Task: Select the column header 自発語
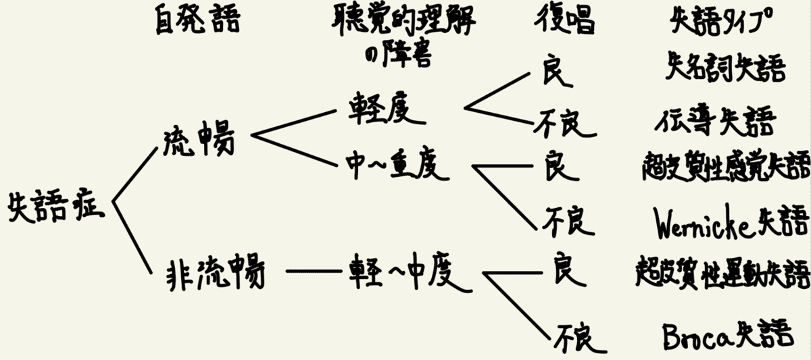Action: click(197, 22)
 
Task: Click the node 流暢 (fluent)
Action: click(199, 140)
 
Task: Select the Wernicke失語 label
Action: click(731, 222)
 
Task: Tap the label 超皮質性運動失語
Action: click(722, 274)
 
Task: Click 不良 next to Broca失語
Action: click(576, 337)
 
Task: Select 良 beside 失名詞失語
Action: click(558, 71)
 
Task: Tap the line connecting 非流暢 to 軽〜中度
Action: click(313, 272)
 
